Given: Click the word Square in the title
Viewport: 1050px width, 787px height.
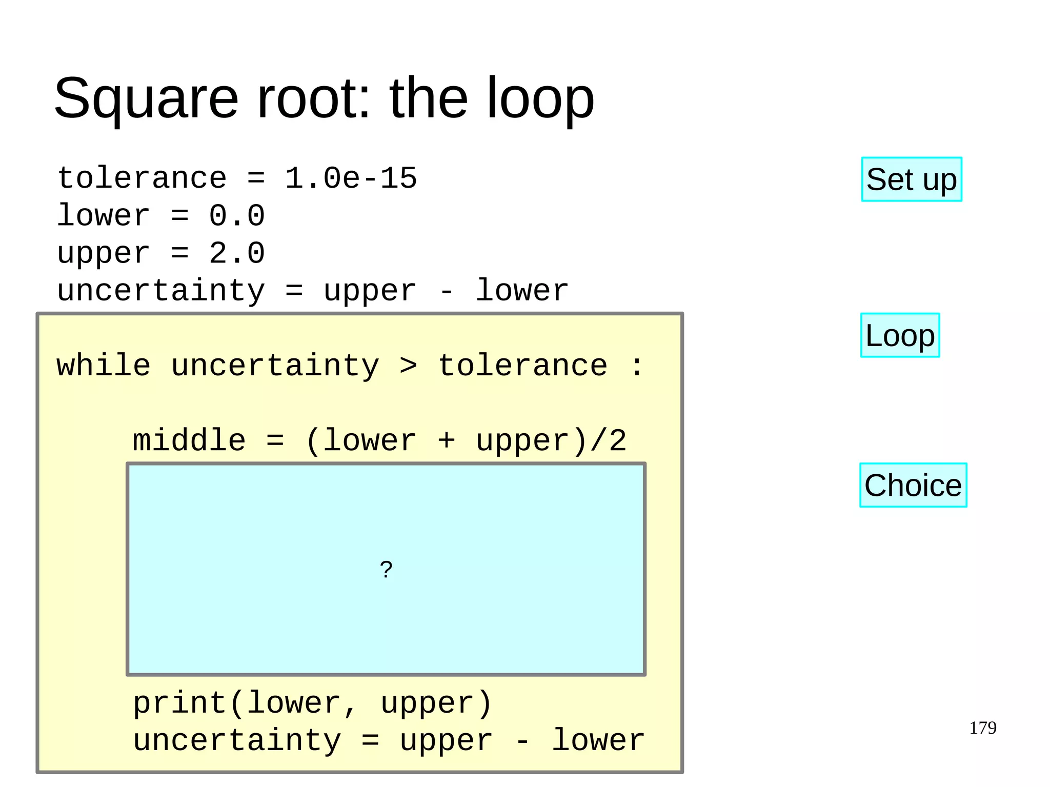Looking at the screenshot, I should pos(146,98).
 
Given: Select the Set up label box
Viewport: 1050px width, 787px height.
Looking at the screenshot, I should pos(911,179).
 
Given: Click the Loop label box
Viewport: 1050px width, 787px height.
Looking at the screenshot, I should pos(900,335).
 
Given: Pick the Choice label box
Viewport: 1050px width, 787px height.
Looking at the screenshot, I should pos(913,485).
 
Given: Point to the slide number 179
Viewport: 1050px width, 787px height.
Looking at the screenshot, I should pos(982,728).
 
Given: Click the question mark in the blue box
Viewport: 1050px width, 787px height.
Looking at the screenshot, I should pos(386,569).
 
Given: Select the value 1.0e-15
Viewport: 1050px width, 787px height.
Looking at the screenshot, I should pos(351,178).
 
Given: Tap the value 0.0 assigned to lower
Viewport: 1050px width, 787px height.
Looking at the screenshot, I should pos(236,215).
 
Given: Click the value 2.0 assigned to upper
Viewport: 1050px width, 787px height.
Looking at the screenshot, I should pos(236,253).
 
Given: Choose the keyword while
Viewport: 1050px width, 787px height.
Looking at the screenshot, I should pos(104,366).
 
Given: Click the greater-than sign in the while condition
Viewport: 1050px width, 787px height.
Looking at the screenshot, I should pos(408,366).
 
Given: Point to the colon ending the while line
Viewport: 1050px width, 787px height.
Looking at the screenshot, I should pos(637,366).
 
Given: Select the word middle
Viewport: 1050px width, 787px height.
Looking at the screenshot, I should pos(189,440).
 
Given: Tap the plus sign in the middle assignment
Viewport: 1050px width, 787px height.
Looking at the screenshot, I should pos(446,440).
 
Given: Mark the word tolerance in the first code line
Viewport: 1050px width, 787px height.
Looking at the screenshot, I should pos(142,178).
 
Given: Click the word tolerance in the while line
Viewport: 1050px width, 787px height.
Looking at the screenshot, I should pos(523,366).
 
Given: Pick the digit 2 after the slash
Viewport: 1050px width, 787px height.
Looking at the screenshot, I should pos(618,440).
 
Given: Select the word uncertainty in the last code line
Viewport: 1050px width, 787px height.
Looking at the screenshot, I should pos(237,740).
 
